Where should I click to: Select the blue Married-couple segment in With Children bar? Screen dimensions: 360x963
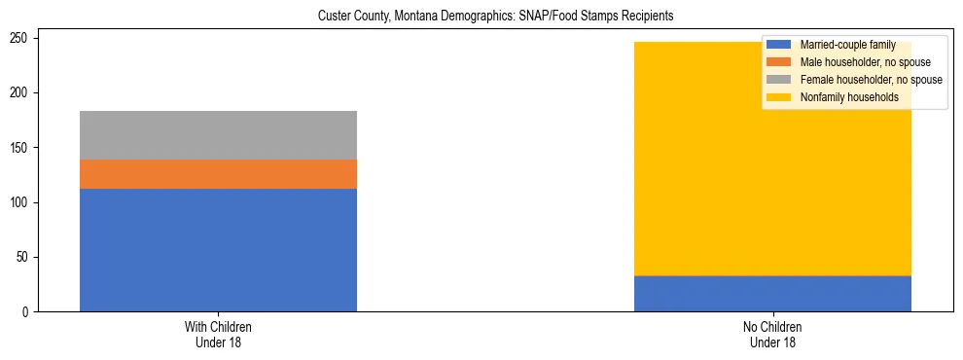coord(218,250)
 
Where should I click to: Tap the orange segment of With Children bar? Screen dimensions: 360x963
coord(218,174)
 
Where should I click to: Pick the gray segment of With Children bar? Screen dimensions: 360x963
coord(218,135)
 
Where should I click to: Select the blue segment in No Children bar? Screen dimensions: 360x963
coord(772,294)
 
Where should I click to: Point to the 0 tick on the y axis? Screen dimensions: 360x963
coord(30,312)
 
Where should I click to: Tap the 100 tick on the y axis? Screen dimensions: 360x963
coord(24,202)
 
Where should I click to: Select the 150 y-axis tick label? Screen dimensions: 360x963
coord(24,148)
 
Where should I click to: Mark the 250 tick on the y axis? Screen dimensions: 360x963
coord(24,38)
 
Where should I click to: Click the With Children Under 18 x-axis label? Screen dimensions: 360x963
coord(218,335)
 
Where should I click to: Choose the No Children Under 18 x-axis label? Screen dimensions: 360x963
coord(772,335)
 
